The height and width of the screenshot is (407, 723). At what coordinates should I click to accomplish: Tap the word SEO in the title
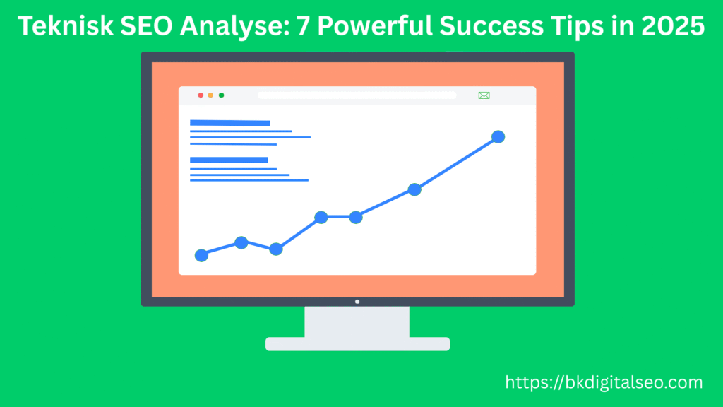pos(137,27)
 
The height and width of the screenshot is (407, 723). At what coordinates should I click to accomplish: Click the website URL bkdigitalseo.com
pos(604,383)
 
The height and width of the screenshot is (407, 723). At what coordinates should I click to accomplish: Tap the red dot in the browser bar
pos(201,95)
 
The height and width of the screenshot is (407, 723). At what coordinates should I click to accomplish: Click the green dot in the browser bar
pos(221,95)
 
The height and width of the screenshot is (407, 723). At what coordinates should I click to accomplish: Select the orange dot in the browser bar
pos(210,95)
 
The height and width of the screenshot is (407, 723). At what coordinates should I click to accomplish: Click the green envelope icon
pos(484,95)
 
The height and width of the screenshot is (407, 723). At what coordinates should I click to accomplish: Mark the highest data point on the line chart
pos(498,136)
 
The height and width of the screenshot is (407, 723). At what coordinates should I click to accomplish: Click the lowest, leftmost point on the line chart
pos(201,255)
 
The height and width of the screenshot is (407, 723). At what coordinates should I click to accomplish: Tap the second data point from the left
pos(241,242)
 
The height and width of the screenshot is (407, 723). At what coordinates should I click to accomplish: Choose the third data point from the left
pos(276,249)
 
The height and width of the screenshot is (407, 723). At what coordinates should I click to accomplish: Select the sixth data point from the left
pos(414,189)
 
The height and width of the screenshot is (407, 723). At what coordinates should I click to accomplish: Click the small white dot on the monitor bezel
pos(357,301)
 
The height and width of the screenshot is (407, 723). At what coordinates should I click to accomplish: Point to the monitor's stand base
pos(357,344)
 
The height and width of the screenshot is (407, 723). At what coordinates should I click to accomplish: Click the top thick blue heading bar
pos(229,123)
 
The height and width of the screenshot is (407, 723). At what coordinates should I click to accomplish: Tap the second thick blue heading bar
pos(229,160)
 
